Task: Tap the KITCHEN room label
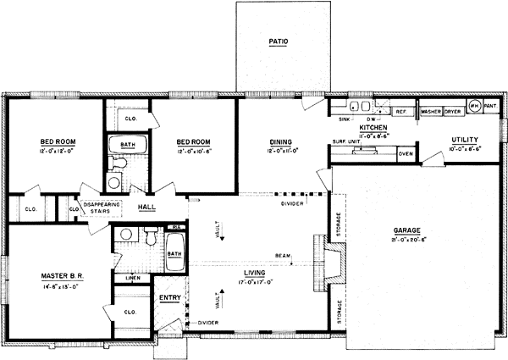[x=373, y=127]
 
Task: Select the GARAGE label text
[x=407, y=230]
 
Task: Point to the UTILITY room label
[x=465, y=139]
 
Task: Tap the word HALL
[x=147, y=206]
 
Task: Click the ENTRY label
[x=170, y=298]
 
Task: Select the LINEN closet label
[x=132, y=278]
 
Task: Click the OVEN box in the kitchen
[x=406, y=154]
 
